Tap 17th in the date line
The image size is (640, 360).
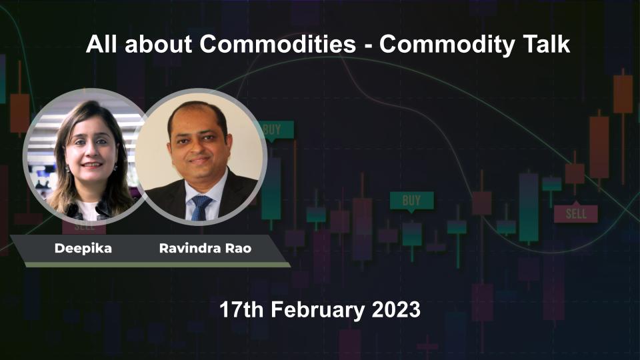pyautogui.click(x=240, y=309)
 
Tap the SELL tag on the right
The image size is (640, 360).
pyautogui.click(x=575, y=214)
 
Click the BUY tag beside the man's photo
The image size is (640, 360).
pyautogui.click(x=273, y=130)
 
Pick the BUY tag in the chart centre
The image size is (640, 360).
pyautogui.click(x=411, y=200)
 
